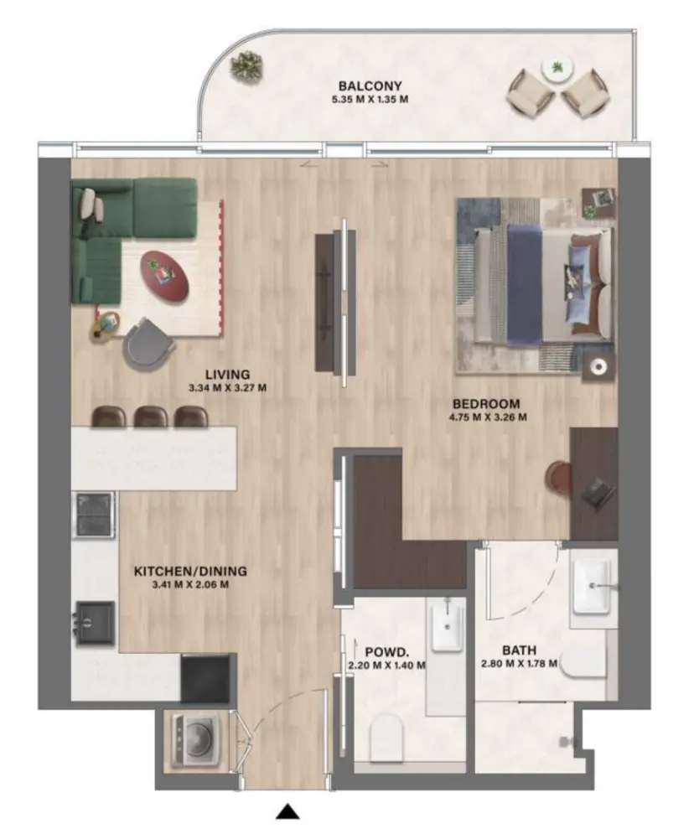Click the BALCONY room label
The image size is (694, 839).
370,85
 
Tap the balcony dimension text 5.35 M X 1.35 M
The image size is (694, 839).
370,100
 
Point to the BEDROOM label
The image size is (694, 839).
487,402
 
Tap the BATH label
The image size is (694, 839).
520,650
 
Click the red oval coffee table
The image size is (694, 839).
164,273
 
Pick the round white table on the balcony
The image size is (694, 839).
556,68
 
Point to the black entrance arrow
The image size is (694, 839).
288,811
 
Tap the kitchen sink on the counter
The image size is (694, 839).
94,620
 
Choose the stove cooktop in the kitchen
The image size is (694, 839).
94,513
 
